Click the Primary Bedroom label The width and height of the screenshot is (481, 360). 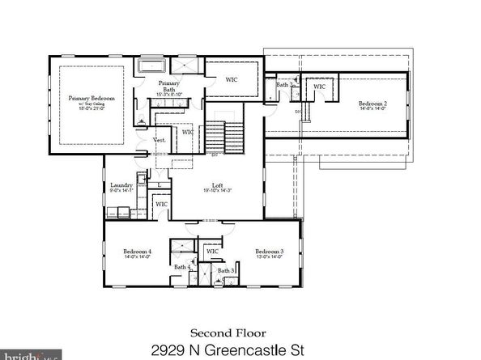coord(91,98)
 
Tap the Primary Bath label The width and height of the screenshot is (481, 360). coord(168,85)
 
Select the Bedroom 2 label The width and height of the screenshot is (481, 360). coord(373,104)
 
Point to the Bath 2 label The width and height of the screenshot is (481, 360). coord(284,84)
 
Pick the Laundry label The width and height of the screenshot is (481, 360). coord(121,185)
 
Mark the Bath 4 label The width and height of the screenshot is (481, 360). coord(181,267)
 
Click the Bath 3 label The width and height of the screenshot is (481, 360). coord(226,270)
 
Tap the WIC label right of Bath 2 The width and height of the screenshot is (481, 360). coord(319,87)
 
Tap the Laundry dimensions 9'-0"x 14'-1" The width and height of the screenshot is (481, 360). coord(121,191)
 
